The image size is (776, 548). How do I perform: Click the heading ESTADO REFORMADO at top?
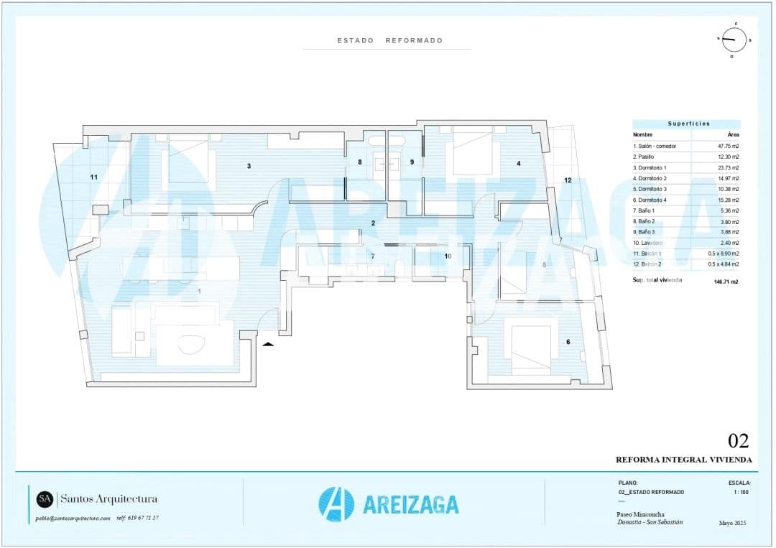pos(389,41)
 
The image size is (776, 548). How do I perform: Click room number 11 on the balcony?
pos(93,177)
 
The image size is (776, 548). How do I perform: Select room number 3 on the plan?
pos(249,166)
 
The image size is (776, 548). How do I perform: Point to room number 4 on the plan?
pos(518,164)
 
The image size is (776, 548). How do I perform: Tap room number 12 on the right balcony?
pos(568,180)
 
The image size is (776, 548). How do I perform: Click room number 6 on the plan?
pos(568,341)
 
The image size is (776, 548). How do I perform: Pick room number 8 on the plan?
pos(360,162)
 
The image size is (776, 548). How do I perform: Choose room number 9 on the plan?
pos(412,162)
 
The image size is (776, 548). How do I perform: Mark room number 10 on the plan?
pos(447,256)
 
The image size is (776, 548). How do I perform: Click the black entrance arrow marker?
pos(268,344)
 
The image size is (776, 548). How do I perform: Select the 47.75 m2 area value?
pos(727,146)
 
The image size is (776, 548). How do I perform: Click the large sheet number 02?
pos(738,441)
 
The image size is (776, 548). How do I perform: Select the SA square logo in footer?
pos(45,498)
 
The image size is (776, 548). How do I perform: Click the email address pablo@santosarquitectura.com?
pos(73,518)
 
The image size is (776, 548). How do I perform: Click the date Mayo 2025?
pos(733,523)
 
